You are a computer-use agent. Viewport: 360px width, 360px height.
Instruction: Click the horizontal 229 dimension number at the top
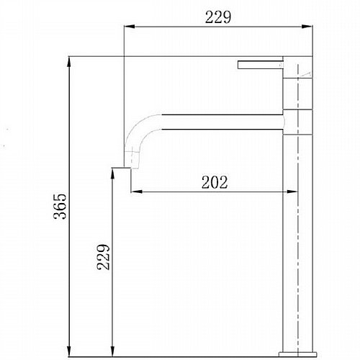(218, 17)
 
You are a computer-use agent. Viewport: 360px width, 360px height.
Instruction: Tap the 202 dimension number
(215, 182)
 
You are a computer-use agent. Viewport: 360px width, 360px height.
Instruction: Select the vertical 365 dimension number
(60, 206)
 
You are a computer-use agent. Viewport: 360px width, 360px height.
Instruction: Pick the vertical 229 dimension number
(104, 257)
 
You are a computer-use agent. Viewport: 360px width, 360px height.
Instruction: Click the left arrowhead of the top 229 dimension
(130, 27)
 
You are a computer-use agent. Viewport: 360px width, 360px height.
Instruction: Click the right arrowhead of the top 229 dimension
(307, 27)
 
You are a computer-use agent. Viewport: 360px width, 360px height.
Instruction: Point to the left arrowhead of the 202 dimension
(137, 192)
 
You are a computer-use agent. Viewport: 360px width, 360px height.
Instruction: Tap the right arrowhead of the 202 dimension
(292, 192)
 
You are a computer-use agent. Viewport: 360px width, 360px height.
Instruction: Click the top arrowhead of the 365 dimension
(69, 62)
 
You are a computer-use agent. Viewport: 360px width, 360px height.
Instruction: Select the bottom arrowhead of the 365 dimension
(69, 351)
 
